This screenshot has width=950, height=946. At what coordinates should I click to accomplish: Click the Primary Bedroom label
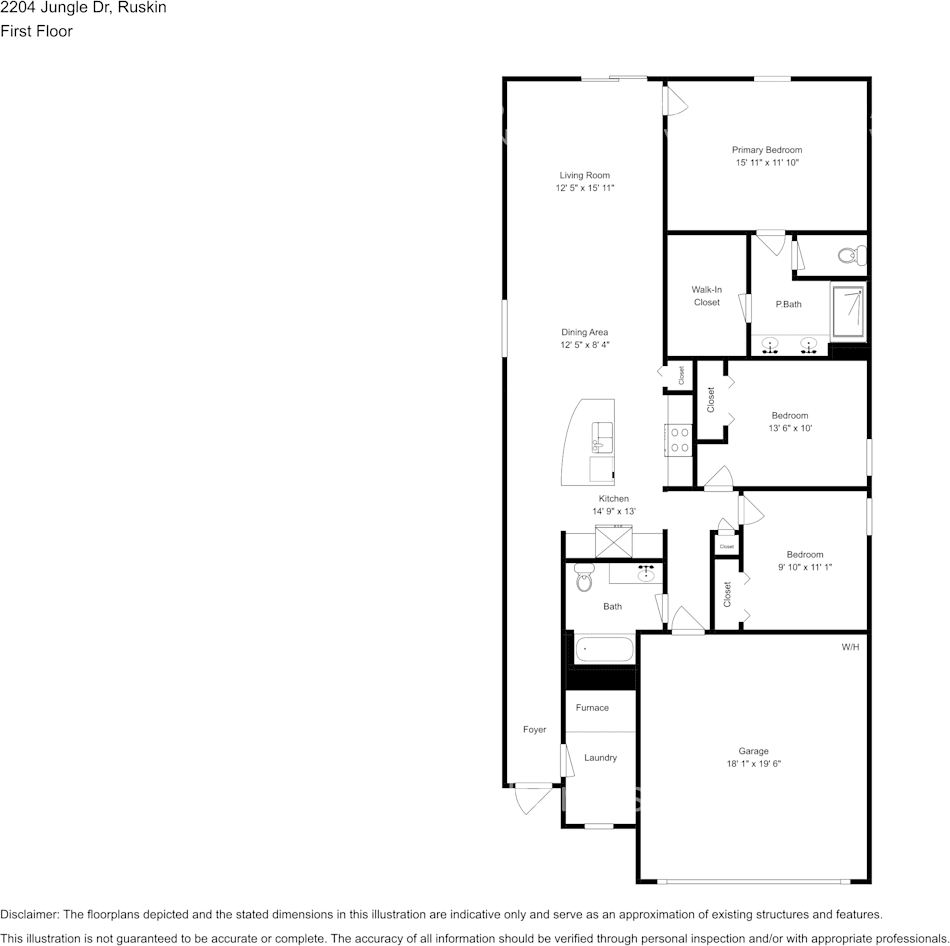tap(766, 150)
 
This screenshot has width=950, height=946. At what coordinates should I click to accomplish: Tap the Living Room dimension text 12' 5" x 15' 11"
tap(585, 188)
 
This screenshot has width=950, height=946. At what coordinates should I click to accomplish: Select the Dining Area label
tap(584, 332)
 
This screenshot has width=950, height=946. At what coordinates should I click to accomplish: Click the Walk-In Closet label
tap(706, 296)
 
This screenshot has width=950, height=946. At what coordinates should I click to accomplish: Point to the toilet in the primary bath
tap(852, 255)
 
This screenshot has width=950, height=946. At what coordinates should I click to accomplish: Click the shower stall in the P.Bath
tap(848, 311)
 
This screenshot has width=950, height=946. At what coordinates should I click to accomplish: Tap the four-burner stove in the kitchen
tap(679, 440)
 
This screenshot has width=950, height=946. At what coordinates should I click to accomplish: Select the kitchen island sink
tap(602, 438)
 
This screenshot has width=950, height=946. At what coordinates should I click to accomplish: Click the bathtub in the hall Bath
tap(603, 650)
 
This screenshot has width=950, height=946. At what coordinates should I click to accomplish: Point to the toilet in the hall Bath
tap(583, 577)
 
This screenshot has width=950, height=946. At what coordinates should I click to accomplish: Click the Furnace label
tap(592, 707)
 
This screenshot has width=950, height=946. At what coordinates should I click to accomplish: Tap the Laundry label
tap(600, 758)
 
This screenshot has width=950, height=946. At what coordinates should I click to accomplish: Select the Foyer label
tap(534, 730)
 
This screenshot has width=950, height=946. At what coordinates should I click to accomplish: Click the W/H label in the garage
tap(850, 647)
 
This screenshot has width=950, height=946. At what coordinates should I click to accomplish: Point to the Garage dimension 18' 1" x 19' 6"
tap(754, 764)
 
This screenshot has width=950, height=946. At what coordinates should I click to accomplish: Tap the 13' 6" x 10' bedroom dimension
tap(790, 428)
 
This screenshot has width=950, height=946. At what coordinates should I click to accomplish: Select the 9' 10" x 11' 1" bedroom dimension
tap(805, 567)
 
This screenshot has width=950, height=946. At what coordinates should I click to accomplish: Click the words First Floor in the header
tap(36, 31)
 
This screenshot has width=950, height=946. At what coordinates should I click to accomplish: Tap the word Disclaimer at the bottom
tap(28, 914)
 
